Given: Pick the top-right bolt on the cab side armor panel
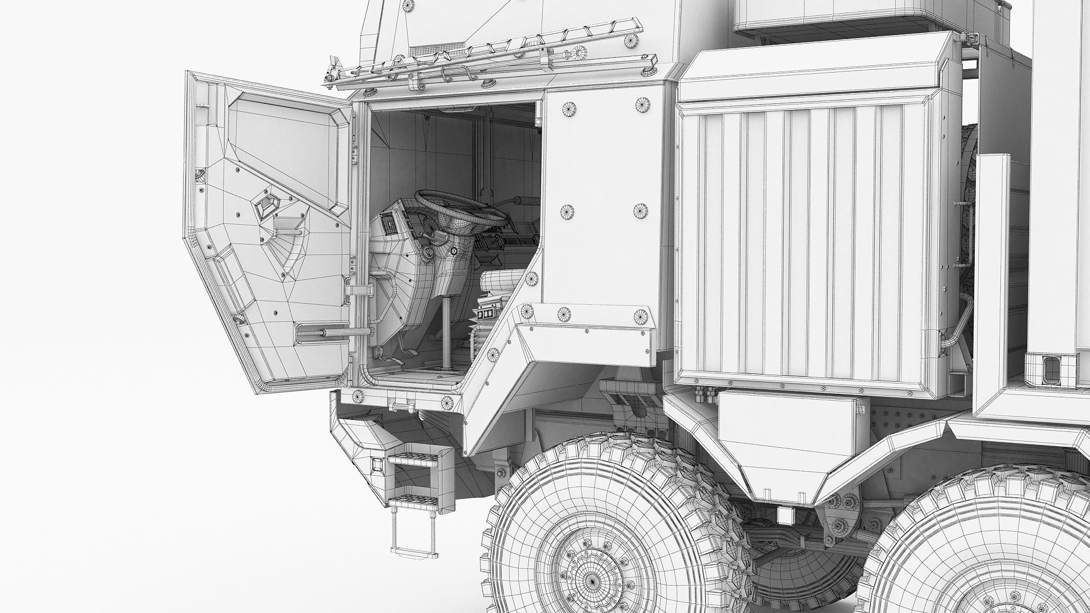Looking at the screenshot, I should pos(641,105).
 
